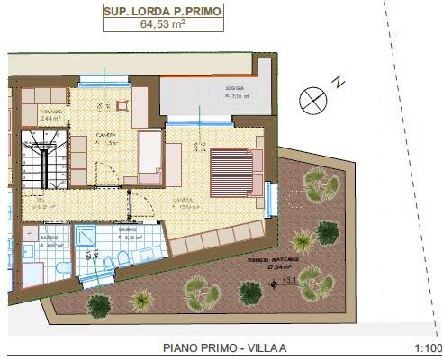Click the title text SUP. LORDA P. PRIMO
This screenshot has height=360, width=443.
(x=164, y=13)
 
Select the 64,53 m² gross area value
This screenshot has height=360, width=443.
(x=164, y=26)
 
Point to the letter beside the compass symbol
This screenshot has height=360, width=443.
(x=339, y=82)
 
